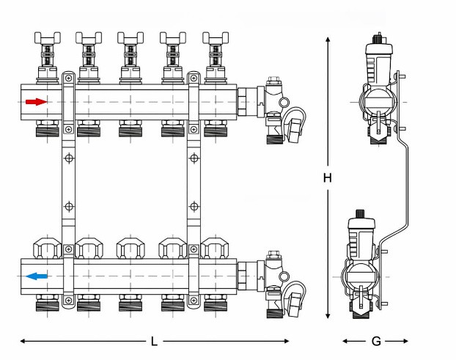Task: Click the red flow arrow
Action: pos(35,101)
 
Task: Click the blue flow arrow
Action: pos(36,276)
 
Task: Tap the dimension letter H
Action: pos(328,178)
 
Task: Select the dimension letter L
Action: pos(153,341)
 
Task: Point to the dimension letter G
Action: pos(375,341)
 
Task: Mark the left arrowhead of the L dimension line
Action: pos(23,341)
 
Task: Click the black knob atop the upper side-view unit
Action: pos(378,36)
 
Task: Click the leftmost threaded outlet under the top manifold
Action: pos(45,132)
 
